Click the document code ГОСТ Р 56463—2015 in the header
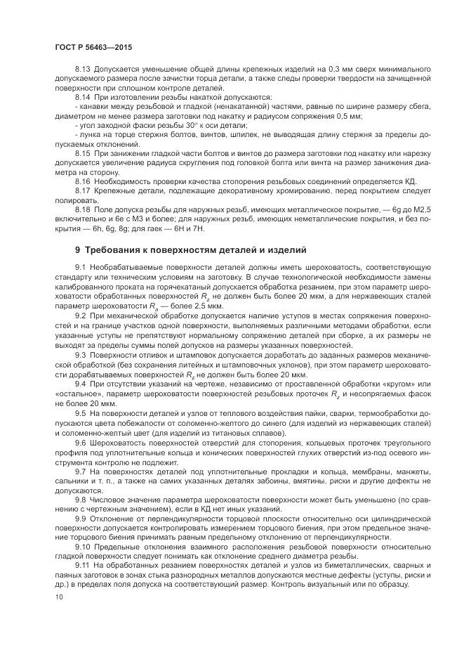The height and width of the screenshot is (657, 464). pos(93,46)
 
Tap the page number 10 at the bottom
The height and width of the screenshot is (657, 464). pos(58,597)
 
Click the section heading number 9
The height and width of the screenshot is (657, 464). pos(78,250)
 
